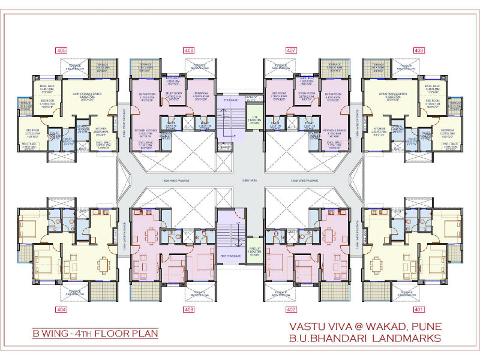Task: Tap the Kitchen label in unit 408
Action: point(379,128)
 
